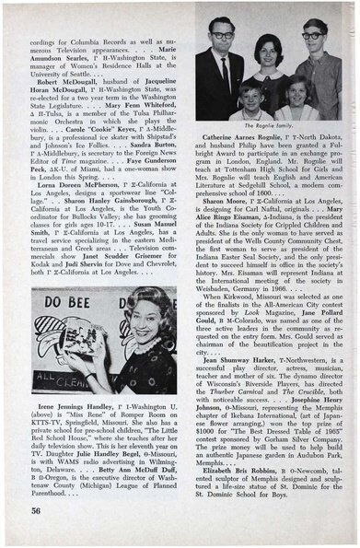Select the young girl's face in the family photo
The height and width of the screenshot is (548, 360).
[x=296, y=88]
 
